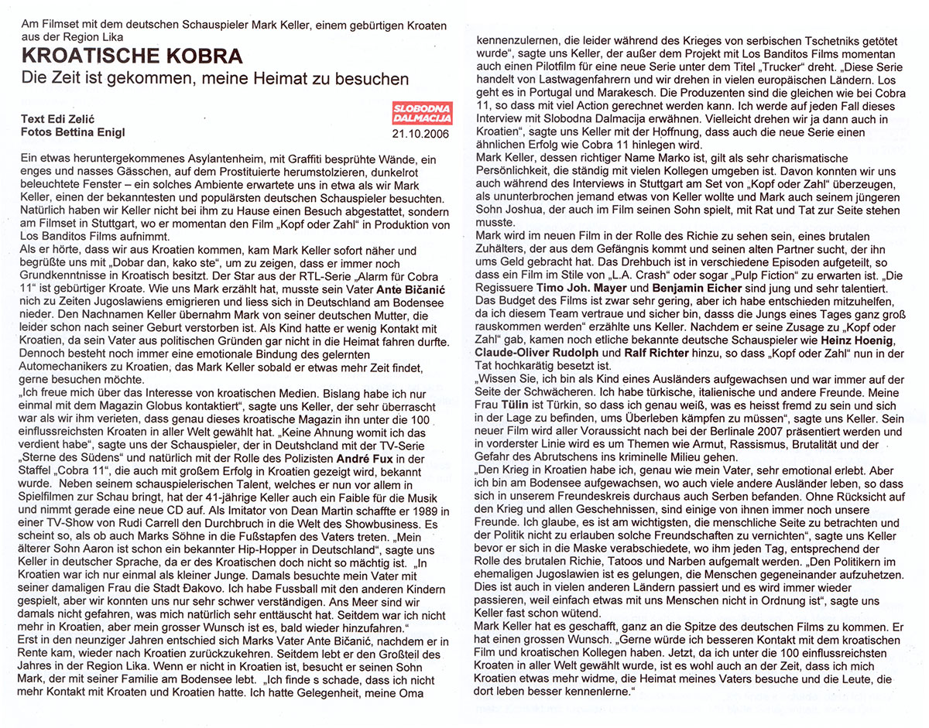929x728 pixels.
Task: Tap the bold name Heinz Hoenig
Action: (863, 341)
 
